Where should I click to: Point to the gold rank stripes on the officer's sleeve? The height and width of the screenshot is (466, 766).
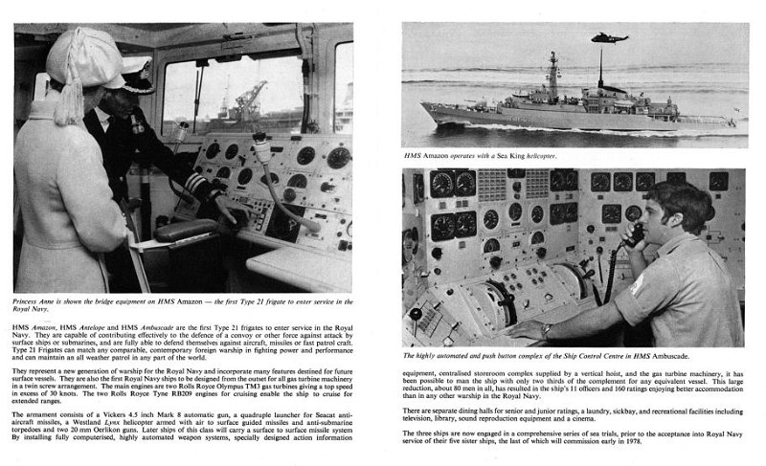pos(196,180)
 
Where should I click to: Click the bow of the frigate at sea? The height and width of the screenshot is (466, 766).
pos(429,112)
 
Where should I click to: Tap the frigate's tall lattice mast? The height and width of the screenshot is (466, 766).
pos(553,77)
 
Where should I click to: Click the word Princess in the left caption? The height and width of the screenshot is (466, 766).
pos(32,300)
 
